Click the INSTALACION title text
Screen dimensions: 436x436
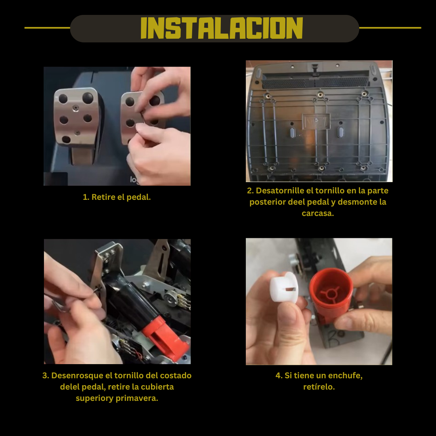(x=222, y=28)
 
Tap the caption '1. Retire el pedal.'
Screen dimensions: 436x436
(x=117, y=197)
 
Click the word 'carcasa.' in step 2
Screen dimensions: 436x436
(x=318, y=213)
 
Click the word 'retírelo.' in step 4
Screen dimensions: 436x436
(x=319, y=387)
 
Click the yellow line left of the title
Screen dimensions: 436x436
(x=47, y=28)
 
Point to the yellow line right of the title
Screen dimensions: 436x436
(x=390, y=28)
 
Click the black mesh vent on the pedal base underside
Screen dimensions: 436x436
(x=315, y=82)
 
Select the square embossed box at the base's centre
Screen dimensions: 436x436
(x=316, y=121)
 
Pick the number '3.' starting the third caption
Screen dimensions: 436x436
(x=46, y=375)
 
